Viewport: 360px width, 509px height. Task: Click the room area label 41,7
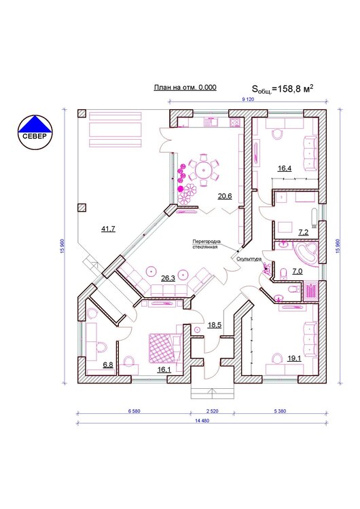click(108, 229)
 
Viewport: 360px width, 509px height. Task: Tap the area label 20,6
click(225, 195)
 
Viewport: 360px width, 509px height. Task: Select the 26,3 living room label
click(168, 278)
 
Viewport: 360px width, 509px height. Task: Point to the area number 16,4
click(285, 168)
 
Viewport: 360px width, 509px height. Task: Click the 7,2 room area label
click(304, 232)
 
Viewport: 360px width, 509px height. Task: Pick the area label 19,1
click(294, 358)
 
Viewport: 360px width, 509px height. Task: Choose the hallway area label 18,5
click(215, 324)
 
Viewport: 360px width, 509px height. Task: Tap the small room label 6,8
click(108, 364)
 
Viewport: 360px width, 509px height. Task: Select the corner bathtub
click(305, 253)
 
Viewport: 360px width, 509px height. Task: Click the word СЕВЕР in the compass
click(35, 136)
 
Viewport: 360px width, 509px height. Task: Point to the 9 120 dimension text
click(248, 100)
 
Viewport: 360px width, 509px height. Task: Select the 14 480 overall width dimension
click(202, 421)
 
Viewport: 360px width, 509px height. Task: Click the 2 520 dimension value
click(213, 411)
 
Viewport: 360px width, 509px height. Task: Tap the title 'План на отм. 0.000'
click(185, 88)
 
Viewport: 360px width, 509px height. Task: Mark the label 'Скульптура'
click(249, 259)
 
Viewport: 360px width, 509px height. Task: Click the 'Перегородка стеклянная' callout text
click(206, 244)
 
